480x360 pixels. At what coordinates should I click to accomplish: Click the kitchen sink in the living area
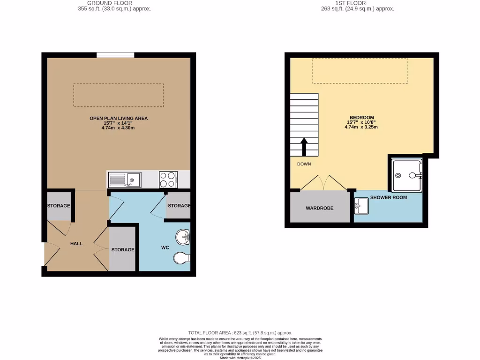(125, 180)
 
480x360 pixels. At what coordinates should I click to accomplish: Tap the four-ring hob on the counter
(168, 179)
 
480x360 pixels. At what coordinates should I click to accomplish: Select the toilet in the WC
(181, 257)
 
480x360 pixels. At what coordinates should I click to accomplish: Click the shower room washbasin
(361, 205)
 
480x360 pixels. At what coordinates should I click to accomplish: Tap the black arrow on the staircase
(304, 147)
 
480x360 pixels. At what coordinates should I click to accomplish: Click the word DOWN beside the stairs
(304, 164)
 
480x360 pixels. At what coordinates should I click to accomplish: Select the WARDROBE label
(320, 208)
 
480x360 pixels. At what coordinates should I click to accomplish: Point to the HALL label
(76, 243)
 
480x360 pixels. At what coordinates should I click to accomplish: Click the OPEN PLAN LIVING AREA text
(119, 119)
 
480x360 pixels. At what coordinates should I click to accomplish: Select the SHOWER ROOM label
(389, 197)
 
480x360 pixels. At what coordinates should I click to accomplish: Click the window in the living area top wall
(115, 55)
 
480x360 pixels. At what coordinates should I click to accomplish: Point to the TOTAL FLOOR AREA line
(240, 332)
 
